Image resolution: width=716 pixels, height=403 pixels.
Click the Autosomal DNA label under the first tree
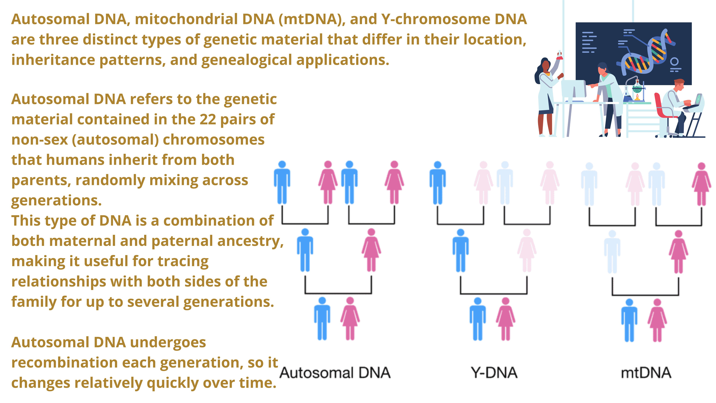(335, 373)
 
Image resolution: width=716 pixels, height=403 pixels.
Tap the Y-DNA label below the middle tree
(494, 373)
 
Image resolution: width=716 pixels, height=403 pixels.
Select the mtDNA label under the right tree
(646, 373)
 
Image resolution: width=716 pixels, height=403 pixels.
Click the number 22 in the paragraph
(207, 120)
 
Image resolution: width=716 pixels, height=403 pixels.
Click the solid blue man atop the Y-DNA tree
(437, 183)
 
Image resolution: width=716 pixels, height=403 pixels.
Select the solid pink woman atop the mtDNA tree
(701, 184)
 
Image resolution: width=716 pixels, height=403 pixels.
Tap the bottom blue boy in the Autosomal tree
(322, 318)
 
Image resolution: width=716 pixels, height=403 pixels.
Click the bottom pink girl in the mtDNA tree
(657, 320)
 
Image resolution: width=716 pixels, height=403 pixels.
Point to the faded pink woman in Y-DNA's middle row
(527, 250)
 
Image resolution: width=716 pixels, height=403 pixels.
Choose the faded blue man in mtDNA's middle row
(612, 252)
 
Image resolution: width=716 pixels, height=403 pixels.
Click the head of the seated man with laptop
(679, 85)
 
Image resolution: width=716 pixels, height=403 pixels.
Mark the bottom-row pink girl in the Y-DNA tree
(505, 319)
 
